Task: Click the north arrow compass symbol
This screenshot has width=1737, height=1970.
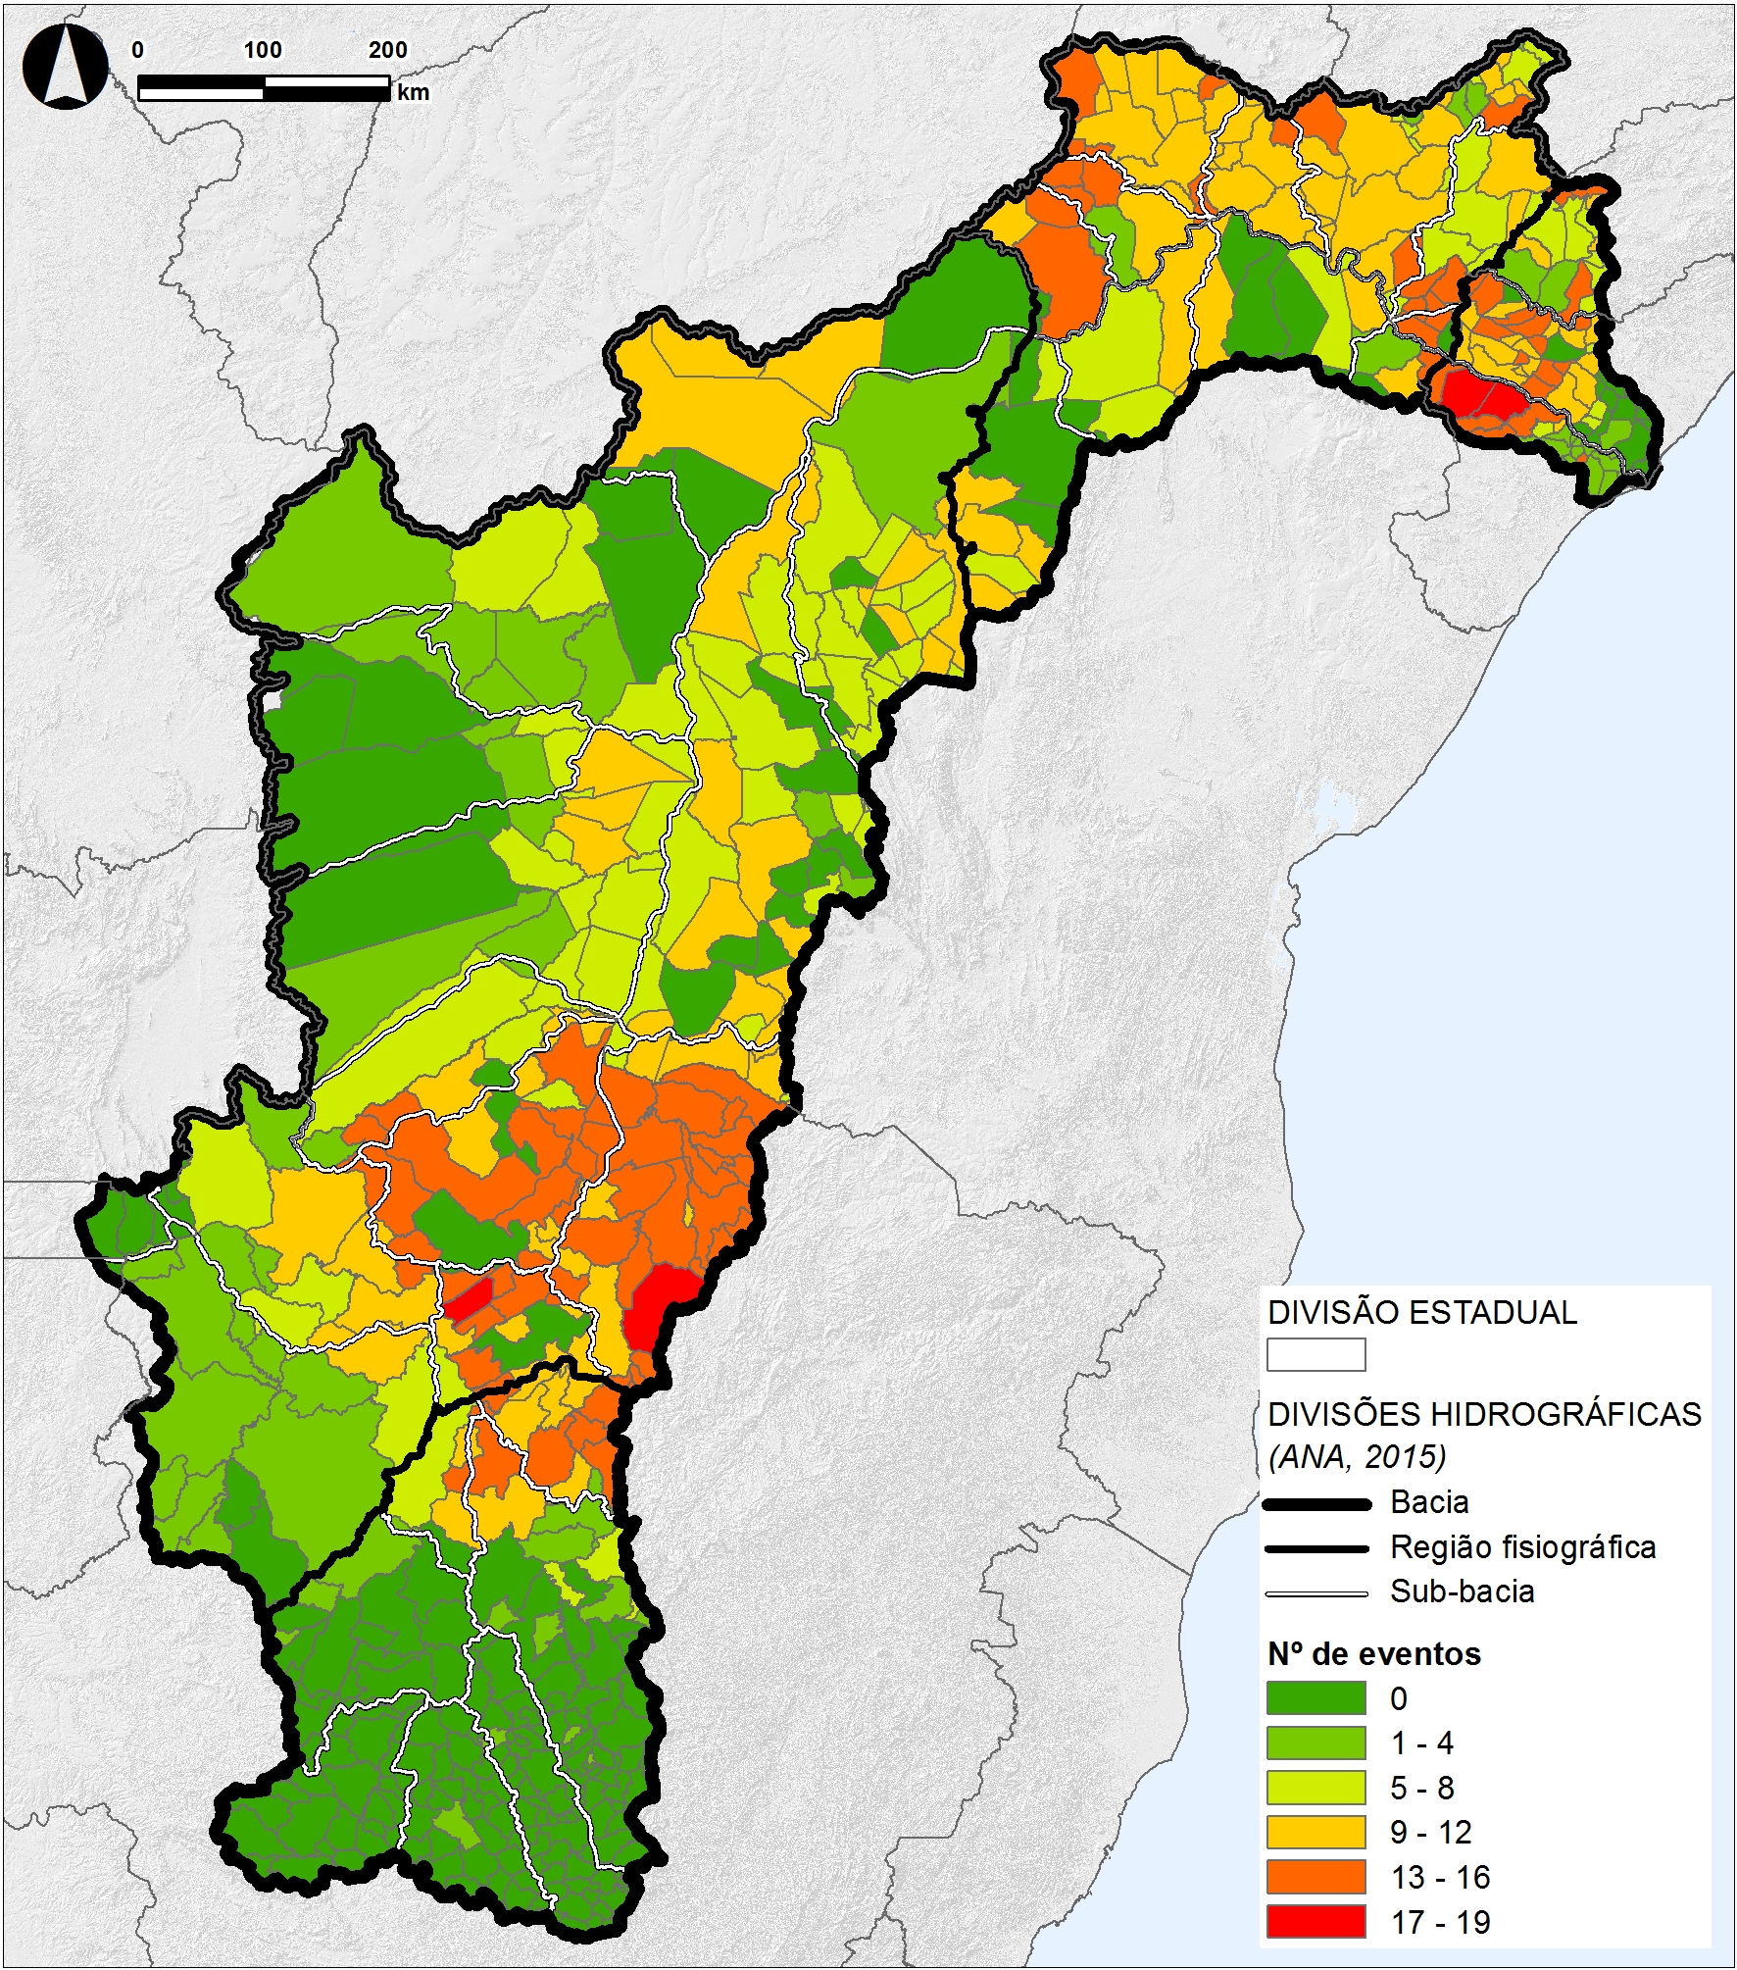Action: pos(66,67)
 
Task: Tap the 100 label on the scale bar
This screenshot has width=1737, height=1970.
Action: pos(263,50)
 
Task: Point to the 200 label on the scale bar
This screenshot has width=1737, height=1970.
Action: pos(387,50)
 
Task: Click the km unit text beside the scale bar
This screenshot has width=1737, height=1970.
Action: pos(413,92)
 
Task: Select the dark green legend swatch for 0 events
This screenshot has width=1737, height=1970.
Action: pos(1315,1696)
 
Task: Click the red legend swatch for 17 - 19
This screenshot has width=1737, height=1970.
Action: pos(1315,1921)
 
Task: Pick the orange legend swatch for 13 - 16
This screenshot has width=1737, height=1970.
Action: pos(1315,1876)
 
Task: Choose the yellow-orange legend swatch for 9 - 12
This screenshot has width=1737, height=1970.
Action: pos(1315,1831)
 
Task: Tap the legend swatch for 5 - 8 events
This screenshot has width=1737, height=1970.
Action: pos(1315,1787)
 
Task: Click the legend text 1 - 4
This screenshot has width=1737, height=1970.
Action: pos(1421,1743)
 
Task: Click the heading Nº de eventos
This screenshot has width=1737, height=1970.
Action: pos(1373,1653)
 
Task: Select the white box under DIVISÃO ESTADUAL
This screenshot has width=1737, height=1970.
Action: pos(1315,1354)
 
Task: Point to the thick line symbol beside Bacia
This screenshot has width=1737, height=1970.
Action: pos(1315,1503)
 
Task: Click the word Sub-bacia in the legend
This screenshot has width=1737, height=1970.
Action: pos(1462,1591)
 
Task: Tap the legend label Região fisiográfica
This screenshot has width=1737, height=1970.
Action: pos(1522,1547)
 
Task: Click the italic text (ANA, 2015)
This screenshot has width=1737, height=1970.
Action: pos(1357,1456)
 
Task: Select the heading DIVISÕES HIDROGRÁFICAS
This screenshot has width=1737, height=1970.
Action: pos(1484,1414)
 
